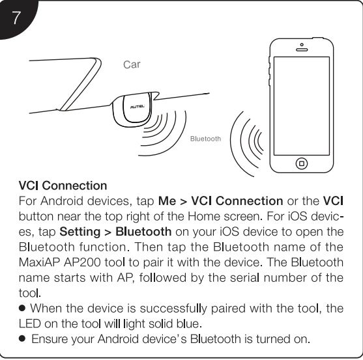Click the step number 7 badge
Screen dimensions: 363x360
16,18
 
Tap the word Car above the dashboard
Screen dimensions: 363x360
132,64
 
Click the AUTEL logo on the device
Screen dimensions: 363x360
138,107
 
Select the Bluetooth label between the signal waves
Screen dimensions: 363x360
205,139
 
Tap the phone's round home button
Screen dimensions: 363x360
302,163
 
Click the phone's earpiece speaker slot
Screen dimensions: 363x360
302,49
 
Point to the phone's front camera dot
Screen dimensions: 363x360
302,44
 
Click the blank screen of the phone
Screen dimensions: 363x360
302,106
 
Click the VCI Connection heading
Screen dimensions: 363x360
63,186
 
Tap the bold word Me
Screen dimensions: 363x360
167,201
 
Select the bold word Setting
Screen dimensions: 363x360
80,232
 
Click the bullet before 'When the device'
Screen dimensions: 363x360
22,308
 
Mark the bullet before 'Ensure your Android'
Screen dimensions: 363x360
22,339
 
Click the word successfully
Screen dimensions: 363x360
173,309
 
